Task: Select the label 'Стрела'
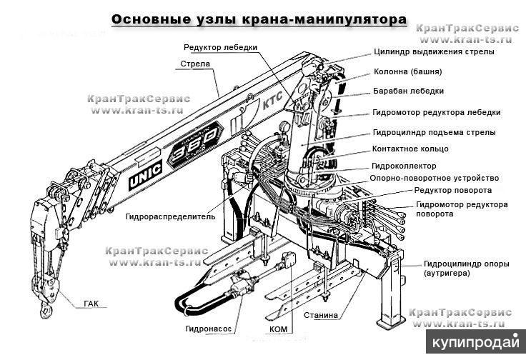(194, 64)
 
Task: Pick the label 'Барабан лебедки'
(409, 91)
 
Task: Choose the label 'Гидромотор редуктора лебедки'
(436, 112)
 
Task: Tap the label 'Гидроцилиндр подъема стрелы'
(434, 132)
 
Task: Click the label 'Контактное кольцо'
(410, 149)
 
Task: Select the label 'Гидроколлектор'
(405, 166)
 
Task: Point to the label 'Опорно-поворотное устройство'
(434, 178)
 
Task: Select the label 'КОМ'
(279, 329)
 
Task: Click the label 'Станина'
(320, 314)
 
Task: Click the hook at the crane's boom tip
(46, 309)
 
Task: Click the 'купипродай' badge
(475, 341)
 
